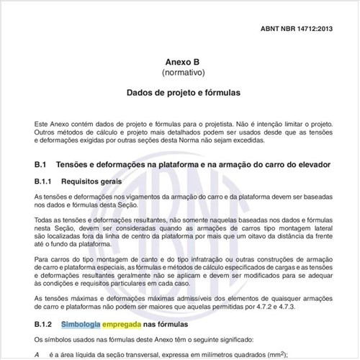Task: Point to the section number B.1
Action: click(40, 164)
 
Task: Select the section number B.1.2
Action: click(45, 325)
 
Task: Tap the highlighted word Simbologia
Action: click(81, 325)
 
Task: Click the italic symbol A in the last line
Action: click(37, 354)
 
